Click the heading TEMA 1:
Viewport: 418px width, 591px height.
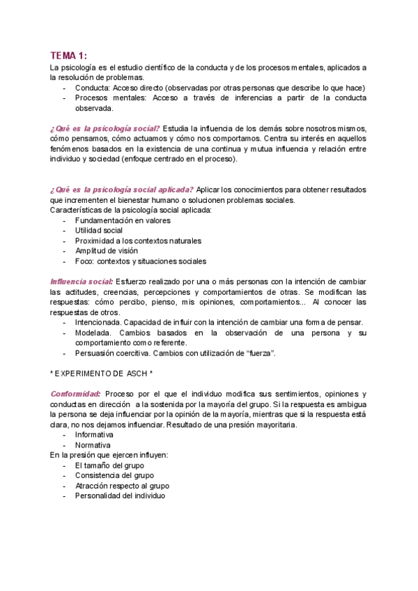pos(69,56)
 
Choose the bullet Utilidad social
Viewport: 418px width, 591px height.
pos(99,230)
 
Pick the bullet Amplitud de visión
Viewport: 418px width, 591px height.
pos(107,250)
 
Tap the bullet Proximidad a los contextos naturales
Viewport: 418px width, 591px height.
pos(139,240)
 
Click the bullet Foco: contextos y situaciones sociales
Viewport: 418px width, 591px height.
pos(141,261)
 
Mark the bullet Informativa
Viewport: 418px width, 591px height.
pos(94,434)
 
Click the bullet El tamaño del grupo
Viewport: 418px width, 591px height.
pos(110,465)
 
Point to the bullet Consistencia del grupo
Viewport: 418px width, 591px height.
pos(114,475)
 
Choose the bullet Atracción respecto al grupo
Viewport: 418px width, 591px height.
pos(122,485)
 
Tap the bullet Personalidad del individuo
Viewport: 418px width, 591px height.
pos(121,496)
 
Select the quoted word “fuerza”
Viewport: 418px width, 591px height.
pos(260,353)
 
